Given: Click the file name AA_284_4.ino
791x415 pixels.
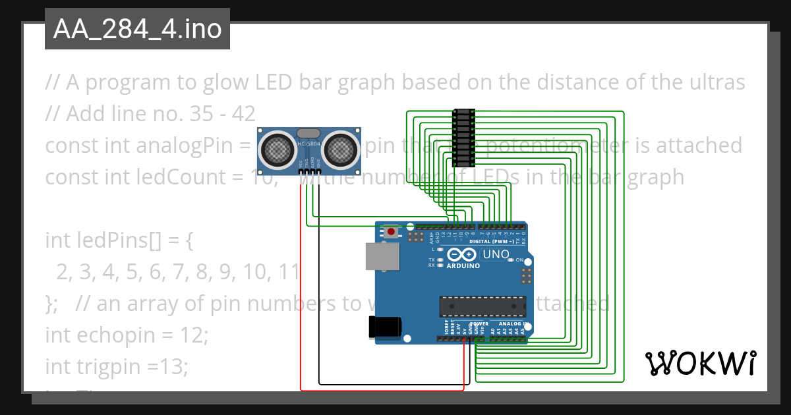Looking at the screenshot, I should pos(137,29).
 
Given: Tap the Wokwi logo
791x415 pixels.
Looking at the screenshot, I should pos(700,363).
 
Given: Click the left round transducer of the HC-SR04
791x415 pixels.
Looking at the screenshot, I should pos(276,149).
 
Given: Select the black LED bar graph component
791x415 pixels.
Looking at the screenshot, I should pos(464,138).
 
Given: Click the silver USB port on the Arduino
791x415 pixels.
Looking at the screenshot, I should pos(382,256).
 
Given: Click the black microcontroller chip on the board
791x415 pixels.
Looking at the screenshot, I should pos(483,306).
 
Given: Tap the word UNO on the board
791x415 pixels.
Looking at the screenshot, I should pos(496,254).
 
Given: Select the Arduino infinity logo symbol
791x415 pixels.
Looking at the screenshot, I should pos(461,254).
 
